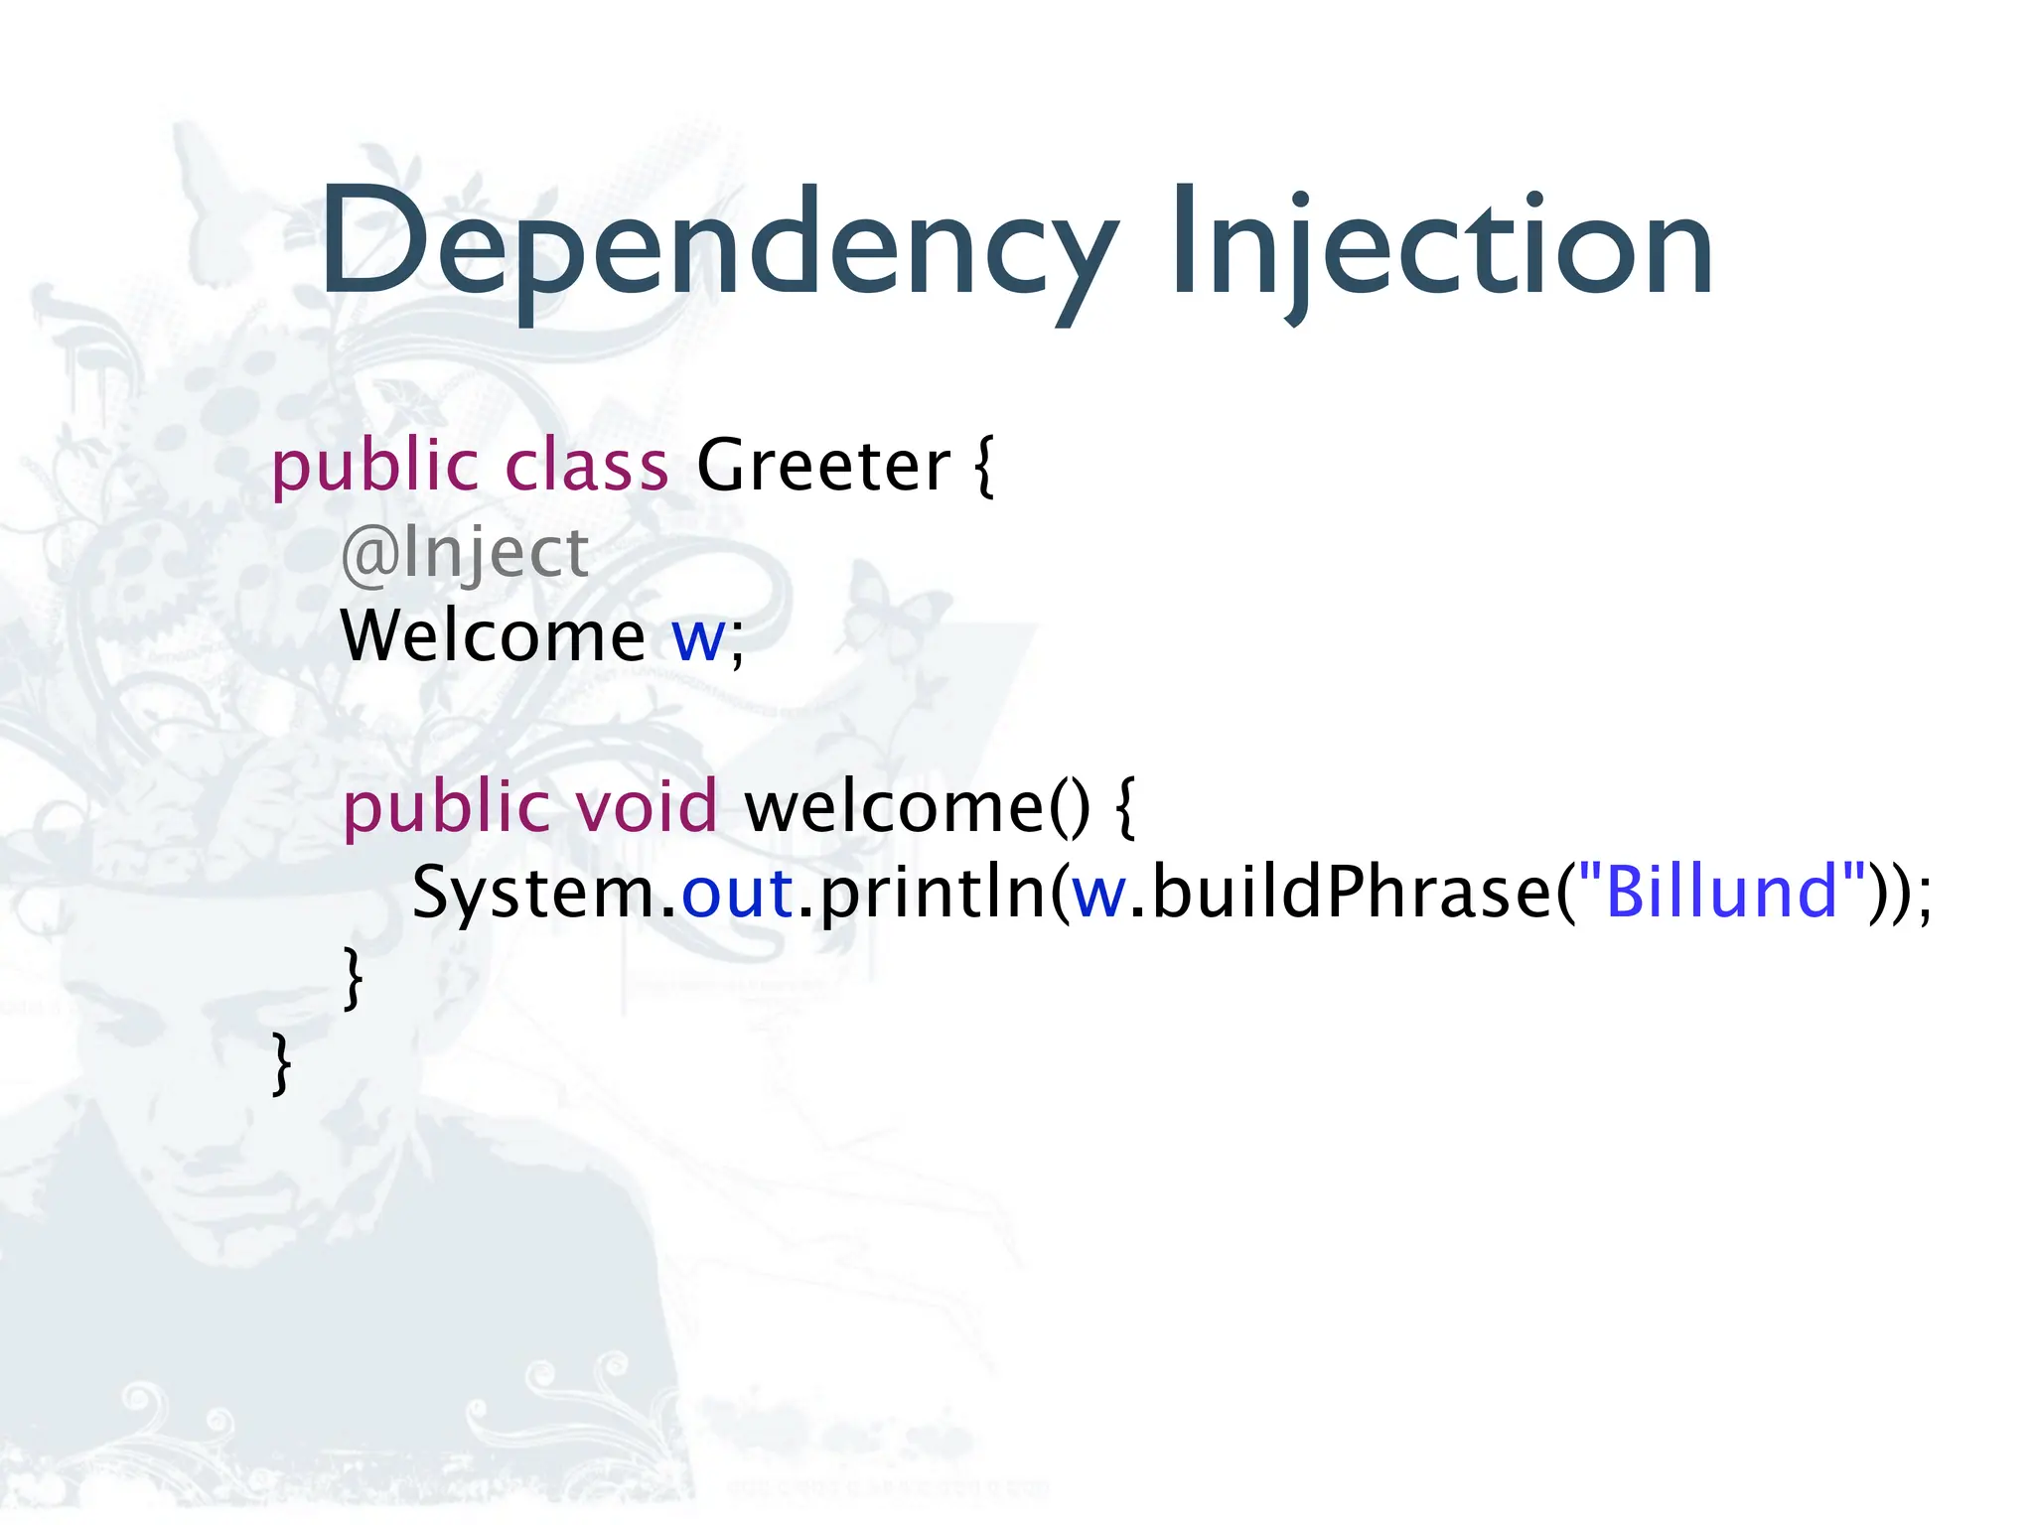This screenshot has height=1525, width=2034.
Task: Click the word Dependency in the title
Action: [717, 243]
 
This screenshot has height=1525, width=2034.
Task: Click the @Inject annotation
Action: [465, 552]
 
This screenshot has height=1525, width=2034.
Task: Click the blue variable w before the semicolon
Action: [698, 637]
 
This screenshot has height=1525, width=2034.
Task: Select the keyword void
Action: [647, 806]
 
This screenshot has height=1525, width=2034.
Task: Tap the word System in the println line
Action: [534, 892]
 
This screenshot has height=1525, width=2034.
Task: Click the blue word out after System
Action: [737, 892]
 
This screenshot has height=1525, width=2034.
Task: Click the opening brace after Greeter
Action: [983, 467]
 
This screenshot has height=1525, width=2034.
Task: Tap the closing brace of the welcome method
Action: [353, 978]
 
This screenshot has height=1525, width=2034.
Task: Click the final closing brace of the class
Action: [282, 1062]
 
